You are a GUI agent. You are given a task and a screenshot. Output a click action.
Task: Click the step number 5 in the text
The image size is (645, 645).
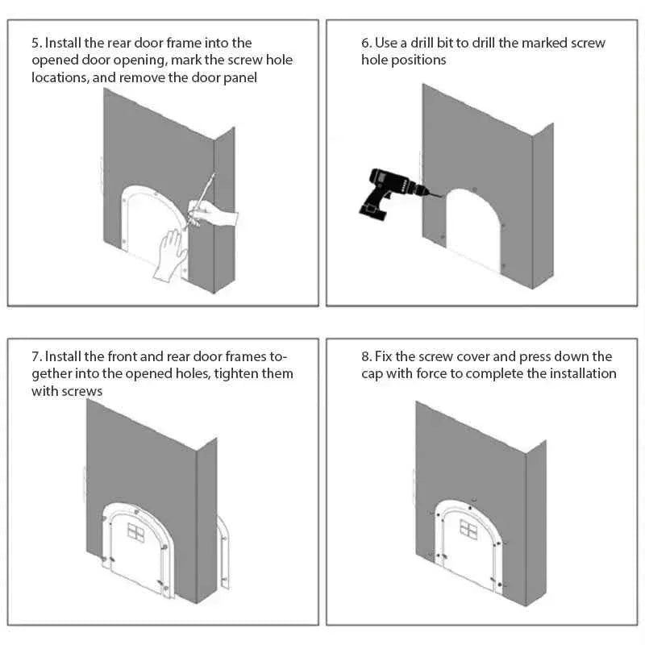click(35, 43)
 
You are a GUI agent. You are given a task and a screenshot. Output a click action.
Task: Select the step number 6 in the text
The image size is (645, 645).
click(364, 43)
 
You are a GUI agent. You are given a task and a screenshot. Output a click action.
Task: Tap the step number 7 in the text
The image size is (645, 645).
click(35, 356)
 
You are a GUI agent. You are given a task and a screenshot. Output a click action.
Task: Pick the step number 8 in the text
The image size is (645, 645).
click(364, 356)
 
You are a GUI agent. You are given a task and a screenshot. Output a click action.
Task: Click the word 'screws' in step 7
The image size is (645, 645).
click(83, 391)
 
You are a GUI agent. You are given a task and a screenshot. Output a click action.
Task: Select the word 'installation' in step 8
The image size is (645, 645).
click(582, 373)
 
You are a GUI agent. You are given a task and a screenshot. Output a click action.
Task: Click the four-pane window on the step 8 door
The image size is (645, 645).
click(468, 528)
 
